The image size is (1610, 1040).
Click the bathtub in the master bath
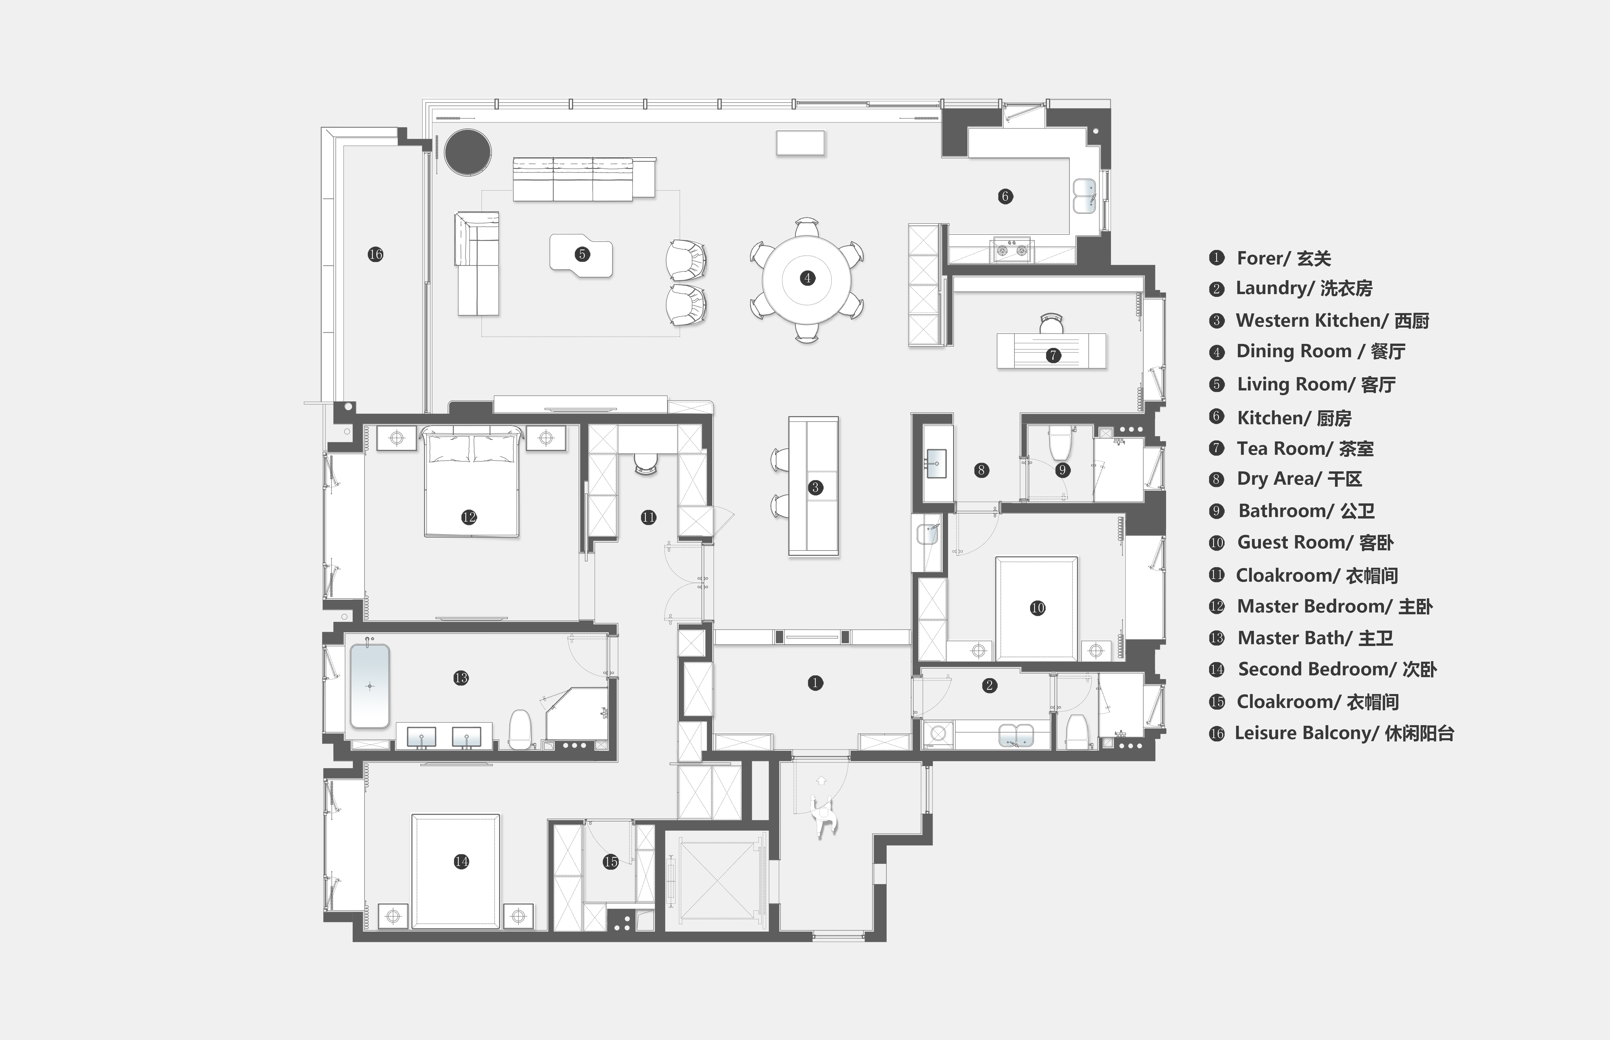click(369, 685)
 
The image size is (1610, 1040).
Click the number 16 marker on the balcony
click(375, 255)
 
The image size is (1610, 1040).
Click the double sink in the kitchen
click(1084, 196)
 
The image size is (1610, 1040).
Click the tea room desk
click(1051, 351)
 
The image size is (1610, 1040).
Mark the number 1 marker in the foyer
click(815, 683)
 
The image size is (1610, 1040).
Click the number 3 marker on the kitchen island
click(815, 488)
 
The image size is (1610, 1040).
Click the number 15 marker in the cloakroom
click(610, 862)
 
